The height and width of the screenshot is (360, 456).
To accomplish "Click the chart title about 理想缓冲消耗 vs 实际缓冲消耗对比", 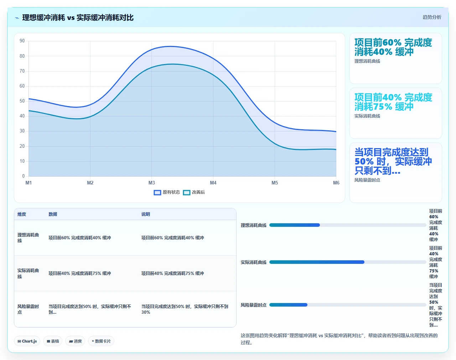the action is click(78, 17).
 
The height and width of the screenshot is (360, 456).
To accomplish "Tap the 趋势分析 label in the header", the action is click(432, 17).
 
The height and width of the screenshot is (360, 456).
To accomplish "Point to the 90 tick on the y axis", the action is click(22, 41).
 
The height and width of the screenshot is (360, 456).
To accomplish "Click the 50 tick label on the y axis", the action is click(22, 101).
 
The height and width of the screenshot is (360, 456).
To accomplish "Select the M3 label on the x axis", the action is click(151, 183).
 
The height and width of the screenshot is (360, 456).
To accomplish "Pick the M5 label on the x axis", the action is click(275, 183).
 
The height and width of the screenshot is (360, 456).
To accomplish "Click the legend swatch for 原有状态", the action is click(157, 193).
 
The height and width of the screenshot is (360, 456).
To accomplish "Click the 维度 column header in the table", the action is click(22, 214).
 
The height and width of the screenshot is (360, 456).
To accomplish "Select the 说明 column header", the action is click(146, 214).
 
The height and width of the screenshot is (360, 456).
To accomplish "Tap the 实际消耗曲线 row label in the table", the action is click(28, 273).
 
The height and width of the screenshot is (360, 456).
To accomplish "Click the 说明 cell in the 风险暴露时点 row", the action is click(185, 309).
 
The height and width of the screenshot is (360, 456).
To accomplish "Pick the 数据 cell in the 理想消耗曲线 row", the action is click(80, 238).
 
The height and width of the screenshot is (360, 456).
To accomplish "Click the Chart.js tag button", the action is click(27, 341).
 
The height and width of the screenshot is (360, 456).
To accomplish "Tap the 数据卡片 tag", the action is click(101, 341).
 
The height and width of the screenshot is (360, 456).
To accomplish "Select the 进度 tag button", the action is click(75, 341).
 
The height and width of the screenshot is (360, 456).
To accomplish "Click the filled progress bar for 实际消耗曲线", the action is click(317, 262).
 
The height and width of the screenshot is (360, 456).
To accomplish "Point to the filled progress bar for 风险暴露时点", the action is click(289, 305).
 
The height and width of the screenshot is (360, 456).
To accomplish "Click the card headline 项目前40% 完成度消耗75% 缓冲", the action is click(393, 102).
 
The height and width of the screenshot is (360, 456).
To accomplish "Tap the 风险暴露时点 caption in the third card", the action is click(367, 180).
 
